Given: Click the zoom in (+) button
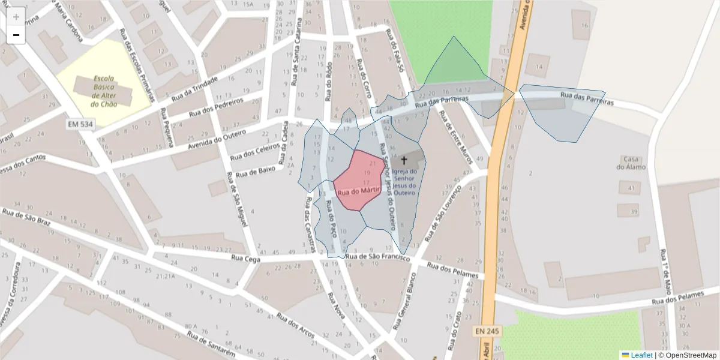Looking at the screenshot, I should tap(16, 17).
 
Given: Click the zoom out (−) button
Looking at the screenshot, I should tap(16, 35).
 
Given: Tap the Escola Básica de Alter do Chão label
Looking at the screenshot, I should tap(104, 91).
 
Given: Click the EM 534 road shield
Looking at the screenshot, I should tap(80, 124).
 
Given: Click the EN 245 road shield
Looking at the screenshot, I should tap(487, 331).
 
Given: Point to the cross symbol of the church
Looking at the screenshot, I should tap(404, 160).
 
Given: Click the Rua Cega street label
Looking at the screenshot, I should tap(245, 259).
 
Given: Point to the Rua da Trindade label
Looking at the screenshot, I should tap(190, 90).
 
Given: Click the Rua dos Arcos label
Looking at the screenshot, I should tap(297, 325).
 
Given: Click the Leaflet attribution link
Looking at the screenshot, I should tap(641, 355).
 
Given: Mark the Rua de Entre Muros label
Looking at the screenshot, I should tap(457, 137).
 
